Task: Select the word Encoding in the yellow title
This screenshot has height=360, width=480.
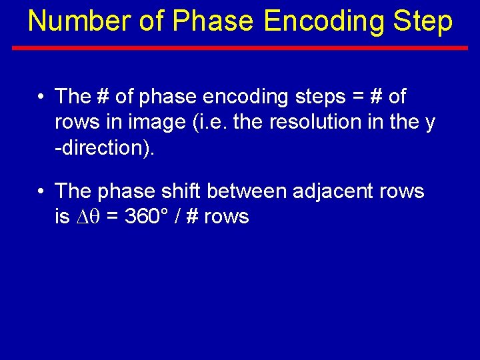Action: [x=323, y=21]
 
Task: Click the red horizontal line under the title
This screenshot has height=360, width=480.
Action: [x=240, y=48]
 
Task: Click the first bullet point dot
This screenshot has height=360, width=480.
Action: [x=41, y=97]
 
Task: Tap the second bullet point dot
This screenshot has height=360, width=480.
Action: [x=41, y=191]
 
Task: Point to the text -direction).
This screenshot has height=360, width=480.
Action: [x=105, y=148]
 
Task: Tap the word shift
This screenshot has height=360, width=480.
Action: [x=181, y=191]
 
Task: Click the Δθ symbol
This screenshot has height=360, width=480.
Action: [x=90, y=217]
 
